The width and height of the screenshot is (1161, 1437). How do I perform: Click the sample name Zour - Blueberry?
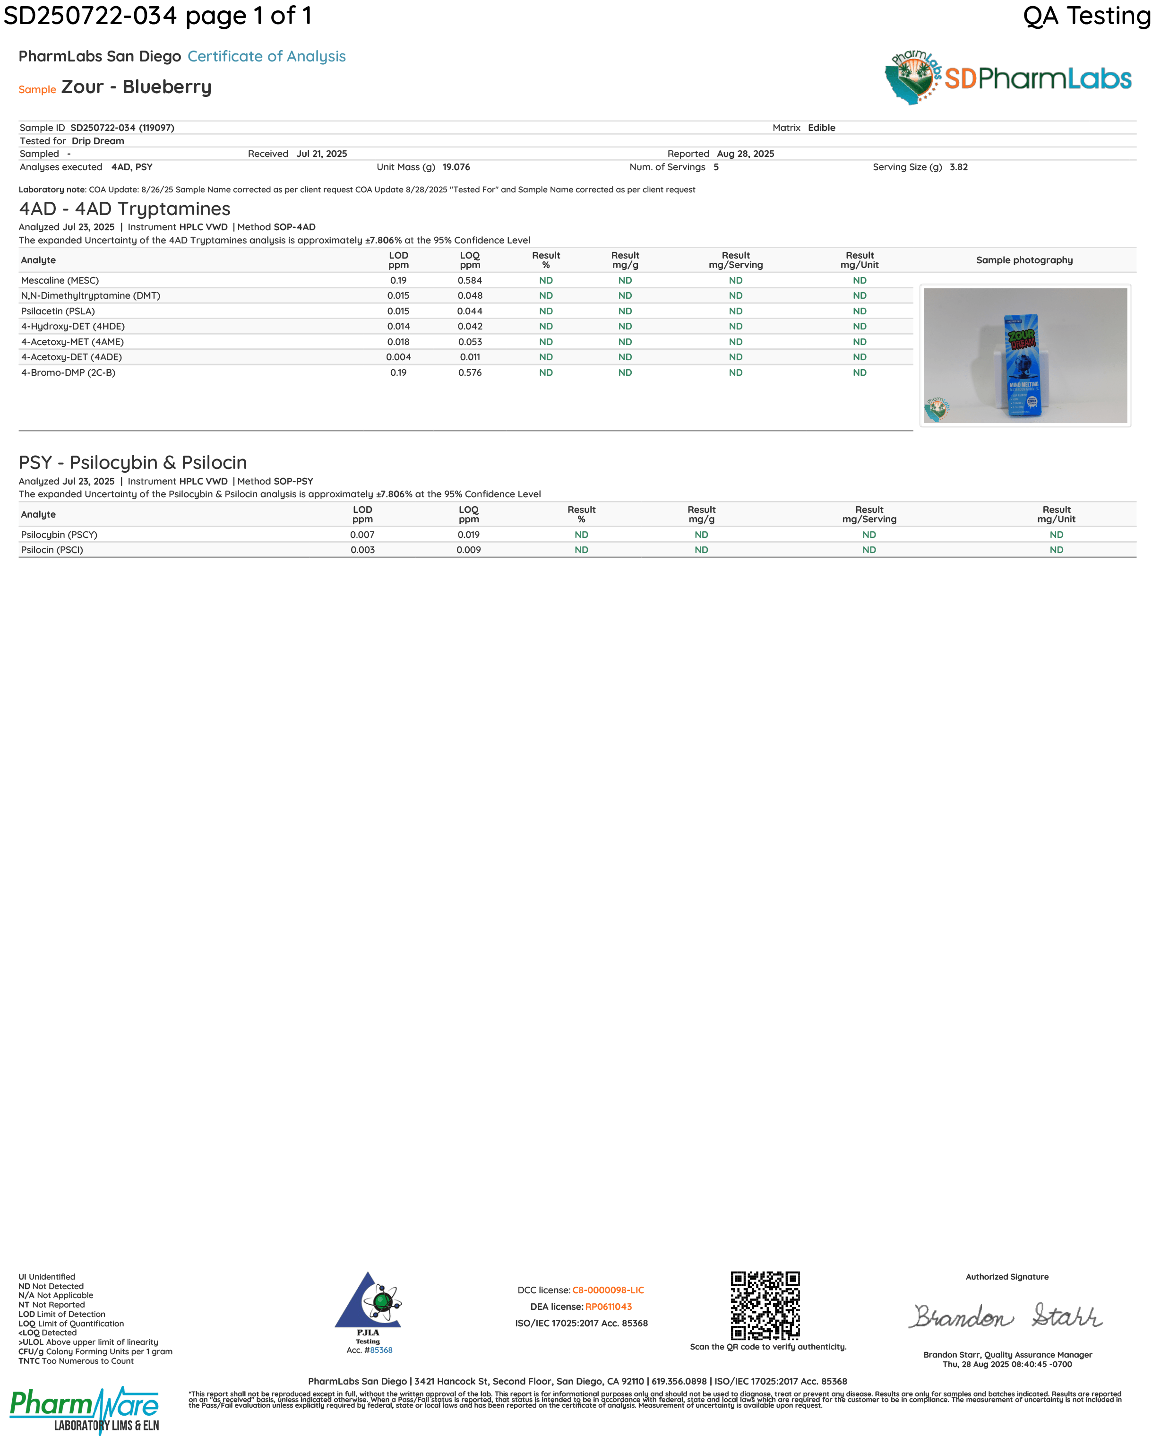click(x=137, y=87)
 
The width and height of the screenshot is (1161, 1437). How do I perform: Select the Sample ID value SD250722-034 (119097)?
click(x=122, y=128)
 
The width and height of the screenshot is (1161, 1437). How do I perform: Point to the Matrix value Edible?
click(x=821, y=128)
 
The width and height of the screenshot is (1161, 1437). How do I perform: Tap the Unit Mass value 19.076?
click(x=456, y=167)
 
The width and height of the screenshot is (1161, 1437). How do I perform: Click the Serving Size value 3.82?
click(x=958, y=167)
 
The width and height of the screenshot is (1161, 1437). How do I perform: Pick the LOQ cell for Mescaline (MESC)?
click(x=470, y=280)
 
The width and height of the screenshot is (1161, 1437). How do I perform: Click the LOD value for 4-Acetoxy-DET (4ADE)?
click(x=399, y=357)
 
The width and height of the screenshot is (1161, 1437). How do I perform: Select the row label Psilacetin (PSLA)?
click(x=58, y=311)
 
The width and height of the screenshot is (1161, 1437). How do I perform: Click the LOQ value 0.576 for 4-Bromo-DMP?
click(x=470, y=372)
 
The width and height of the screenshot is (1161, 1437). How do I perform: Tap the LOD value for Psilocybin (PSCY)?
click(x=362, y=535)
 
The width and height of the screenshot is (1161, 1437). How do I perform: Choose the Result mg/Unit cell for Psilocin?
click(x=1056, y=550)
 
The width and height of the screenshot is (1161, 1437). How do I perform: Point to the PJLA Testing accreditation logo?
click(x=369, y=1308)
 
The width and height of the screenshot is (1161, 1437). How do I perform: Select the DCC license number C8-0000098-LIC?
click(x=608, y=1290)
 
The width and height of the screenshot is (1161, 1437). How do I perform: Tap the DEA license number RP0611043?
click(x=608, y=1307)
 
